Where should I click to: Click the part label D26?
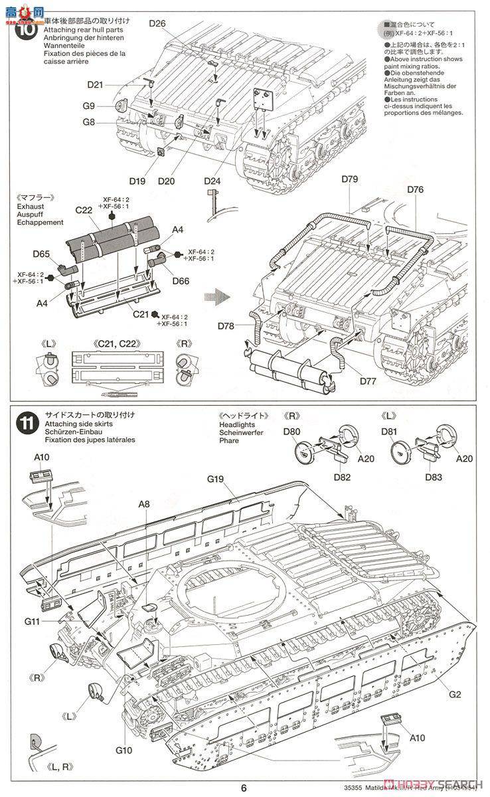157,24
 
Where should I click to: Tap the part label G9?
89,106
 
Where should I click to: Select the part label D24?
213,180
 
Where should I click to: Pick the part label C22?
84,209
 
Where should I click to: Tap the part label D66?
180,281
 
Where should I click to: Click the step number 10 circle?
27,31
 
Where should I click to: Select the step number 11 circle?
27,422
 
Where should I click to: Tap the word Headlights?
236,424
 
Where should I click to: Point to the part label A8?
144,504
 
